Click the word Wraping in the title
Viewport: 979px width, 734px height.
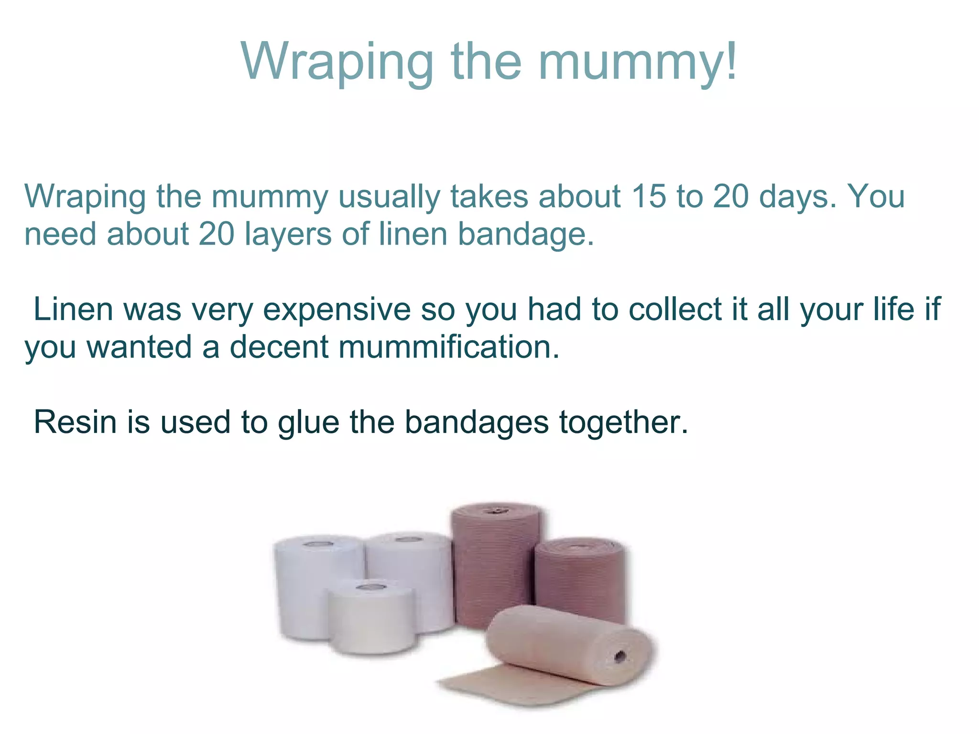(x=337, y=62)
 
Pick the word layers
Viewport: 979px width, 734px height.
(x=288, y=234)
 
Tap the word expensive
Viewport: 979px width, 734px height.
(x=337, y=310)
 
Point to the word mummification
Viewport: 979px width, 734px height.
(x=449, y=346)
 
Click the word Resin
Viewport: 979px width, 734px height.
(x=75, y=422)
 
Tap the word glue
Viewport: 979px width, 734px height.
(x=308, y=423)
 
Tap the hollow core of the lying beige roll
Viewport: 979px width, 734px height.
(x=620, y=657)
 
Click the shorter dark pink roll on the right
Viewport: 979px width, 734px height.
(x=581, y=578)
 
